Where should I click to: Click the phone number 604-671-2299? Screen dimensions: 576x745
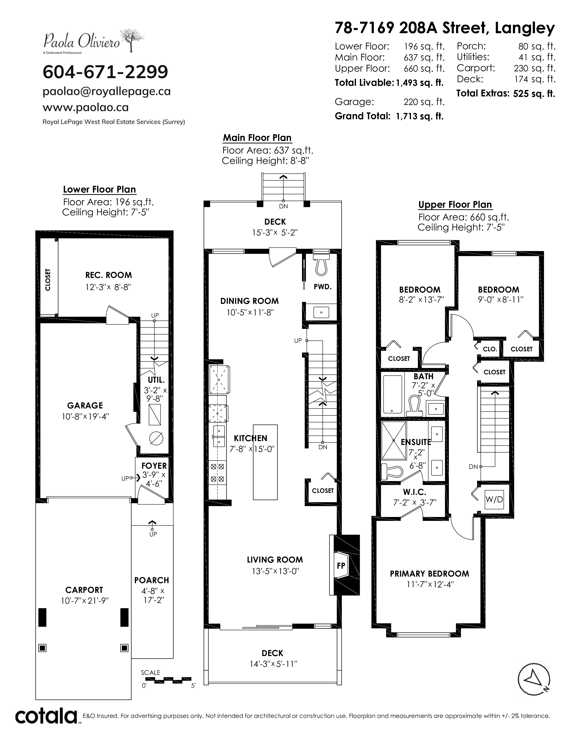(x=105, y=72)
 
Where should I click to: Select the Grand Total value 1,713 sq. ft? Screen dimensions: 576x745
(x=419, y=116)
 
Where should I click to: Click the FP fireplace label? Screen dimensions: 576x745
(x=341, y=566)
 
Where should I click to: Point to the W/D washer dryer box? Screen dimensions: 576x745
(x=494, y=499)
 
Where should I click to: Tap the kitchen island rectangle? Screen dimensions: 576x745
(x=265, y=462)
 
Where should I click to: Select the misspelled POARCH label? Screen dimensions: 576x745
(x=152, y=580)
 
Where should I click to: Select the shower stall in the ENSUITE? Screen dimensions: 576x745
(x=394, y=441)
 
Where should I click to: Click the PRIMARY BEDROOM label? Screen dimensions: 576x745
(x=429, y=574)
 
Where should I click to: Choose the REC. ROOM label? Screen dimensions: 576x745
(x=108, y=275)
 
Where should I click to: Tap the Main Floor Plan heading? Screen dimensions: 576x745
(x=257, y=138)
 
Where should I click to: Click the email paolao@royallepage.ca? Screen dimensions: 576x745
(x=106, y=91)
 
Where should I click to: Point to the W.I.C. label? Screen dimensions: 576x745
(x=414, y=492)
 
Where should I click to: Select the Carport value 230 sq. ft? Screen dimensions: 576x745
(x=534, y=68)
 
